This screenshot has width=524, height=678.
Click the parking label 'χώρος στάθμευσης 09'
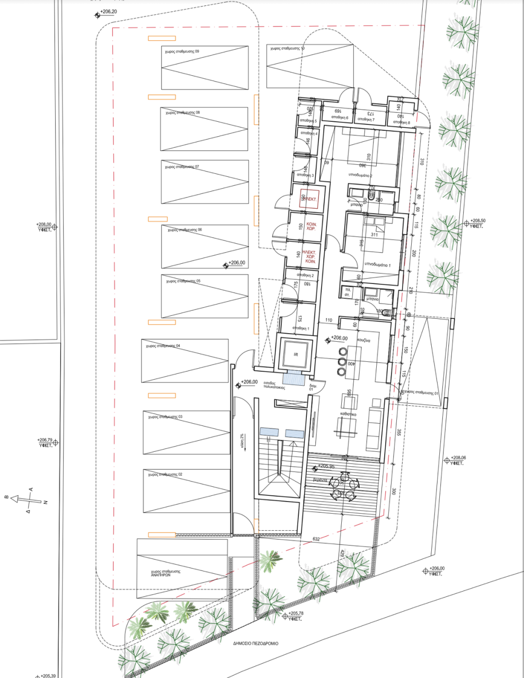pos(182,51)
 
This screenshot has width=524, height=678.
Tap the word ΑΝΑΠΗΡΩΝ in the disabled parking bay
pos(166,576)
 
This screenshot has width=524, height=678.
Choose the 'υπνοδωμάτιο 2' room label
pos(360,175)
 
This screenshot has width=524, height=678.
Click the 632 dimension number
pos(316,539)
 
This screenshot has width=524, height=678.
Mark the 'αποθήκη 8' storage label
pos(401,123)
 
